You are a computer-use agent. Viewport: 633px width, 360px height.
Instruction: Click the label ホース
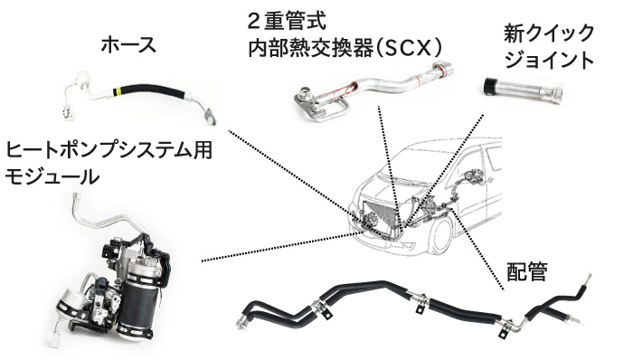pyautogui.click(x=128, y=44)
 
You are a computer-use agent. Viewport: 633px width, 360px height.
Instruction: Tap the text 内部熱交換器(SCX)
pyautogui.click(x=345, y=49)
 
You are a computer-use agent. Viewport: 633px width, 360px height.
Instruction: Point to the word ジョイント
pyautogui.click(x=550, y=60)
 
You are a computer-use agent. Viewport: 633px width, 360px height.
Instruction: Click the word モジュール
pyautogui.click(x=52, y=176)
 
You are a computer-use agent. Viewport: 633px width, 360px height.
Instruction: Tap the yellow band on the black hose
pyautogui.click(x=117, y=90)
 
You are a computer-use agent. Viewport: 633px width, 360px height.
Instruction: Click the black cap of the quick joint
pyautogui.click(x=490, y=86)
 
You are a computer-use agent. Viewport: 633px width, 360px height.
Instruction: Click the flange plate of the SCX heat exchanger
pyautogui.click(x=311, y=104)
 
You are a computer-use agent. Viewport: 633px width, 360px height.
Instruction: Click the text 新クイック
pyautogui.click(x=549, y=33)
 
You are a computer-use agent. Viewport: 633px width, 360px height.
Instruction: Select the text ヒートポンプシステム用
pyautogui.click(x=109, y=150)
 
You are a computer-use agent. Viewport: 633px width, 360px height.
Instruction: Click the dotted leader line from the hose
pyautogui.click(x=306, y=183)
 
